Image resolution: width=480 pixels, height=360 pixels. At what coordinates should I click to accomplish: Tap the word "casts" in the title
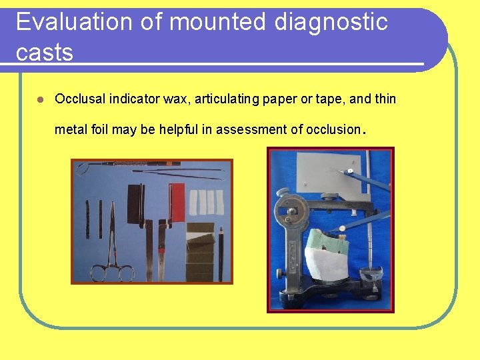point(44,51)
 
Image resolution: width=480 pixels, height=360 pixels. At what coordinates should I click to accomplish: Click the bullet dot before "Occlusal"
point(40,99)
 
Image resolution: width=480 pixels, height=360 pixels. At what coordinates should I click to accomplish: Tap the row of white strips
point(207,201)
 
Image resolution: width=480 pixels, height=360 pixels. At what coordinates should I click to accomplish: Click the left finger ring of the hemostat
point(98,273)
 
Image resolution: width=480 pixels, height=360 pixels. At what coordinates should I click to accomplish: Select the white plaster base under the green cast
point(325,263)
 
